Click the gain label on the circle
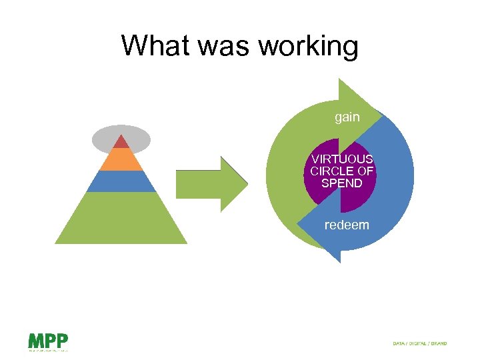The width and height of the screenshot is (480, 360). [347, 117]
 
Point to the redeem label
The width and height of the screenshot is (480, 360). [346, 225]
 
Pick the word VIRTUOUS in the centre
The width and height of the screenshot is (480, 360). [342, 159]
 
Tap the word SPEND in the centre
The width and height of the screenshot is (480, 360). [341, 183]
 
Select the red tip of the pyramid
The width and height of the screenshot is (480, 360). [121, 142]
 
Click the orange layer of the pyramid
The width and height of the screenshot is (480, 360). [121, 159]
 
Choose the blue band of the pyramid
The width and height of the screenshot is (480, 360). [121, 181]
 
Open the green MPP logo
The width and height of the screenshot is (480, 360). [47, 341]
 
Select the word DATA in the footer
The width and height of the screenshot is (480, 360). [399, 343]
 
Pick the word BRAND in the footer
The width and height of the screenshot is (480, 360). [439, 343]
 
